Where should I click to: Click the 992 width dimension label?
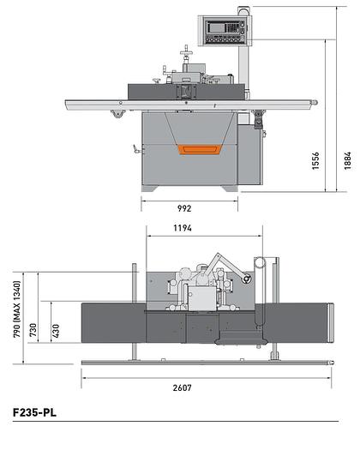point(184,208)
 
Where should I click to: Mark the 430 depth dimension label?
point(57,329)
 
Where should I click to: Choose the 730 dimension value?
point(33,329)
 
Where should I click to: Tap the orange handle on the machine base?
point(199,148)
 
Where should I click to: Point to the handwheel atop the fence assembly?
point(184,57)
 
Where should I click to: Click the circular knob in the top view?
point(247,279)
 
